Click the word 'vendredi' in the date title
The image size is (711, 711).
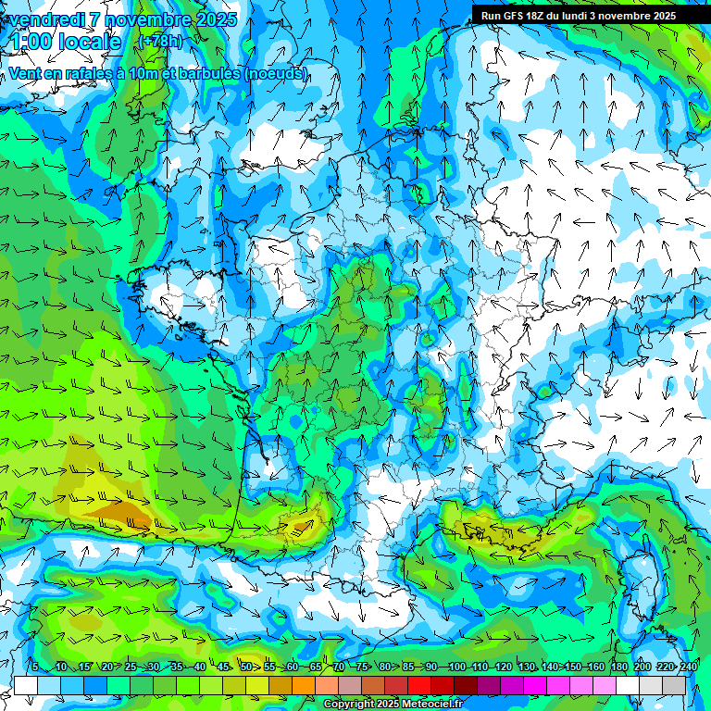[x=46, y=19]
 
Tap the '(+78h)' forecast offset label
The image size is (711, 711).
[x=160, y=42]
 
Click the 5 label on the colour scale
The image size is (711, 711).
[x=34, y=667]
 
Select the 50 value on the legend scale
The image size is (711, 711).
[x=245, y=667]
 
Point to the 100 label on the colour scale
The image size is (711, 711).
[x=456, y=667]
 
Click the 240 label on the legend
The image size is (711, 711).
[x=689, y=667]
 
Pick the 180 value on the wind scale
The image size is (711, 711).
[x=617, y=667]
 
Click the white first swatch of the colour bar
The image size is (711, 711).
[x=26, y=685]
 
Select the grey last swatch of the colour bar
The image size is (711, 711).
[x=674, y=685]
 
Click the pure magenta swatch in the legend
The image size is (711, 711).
[x=535, y=685]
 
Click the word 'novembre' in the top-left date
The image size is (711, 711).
[x=143, y=19]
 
